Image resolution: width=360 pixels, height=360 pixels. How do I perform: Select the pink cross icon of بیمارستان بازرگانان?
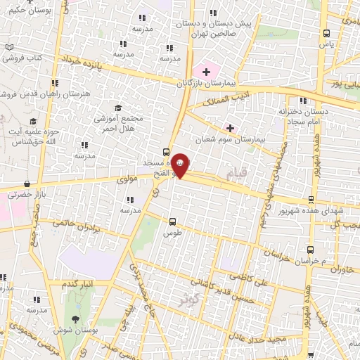pyautogui.click(x=206, y=72)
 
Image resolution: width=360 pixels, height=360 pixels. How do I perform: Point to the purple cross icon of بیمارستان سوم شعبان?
pyautogui.click(x=231, y=127)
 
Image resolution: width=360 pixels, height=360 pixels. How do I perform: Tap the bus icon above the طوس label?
pyautogui.click(x=172, y=221)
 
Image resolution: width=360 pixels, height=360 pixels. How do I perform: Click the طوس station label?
pyautogui.click(x=172, y=233)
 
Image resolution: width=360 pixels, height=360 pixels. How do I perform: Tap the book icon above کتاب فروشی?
pyautogui.click(x=9, y=47)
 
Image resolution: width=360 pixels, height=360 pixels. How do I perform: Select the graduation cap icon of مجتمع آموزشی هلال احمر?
pyautogui.click(x=118, y=108)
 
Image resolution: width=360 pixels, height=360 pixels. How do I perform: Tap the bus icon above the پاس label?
pyautogui.click(x=326, y=33)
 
